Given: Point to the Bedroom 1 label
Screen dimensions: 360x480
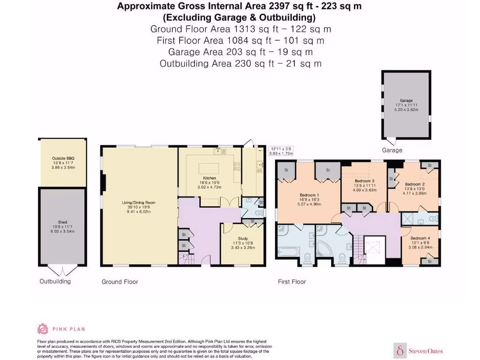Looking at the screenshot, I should (309, 195).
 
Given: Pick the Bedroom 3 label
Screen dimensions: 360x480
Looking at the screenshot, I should (364, 181).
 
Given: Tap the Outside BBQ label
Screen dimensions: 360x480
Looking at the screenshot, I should (63, 158).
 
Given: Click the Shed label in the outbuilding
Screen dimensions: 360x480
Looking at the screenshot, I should (63, 222).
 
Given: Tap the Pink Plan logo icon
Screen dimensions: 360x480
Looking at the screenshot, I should (43, 329).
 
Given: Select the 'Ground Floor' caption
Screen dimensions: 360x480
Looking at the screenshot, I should (120, 282).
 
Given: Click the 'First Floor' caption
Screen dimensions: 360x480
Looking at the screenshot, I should (292, 282).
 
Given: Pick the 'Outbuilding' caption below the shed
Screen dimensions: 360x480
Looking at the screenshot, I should (55, 281).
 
